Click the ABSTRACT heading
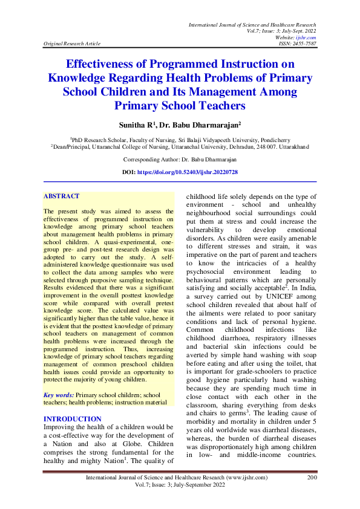click(x=61, y=196)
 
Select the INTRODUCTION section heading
click(x=73, y=402)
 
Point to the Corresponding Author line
click(x=180, y=160)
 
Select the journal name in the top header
click(x=252, y=24)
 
